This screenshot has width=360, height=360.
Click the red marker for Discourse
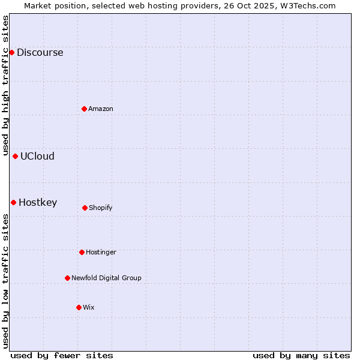pos(11,52)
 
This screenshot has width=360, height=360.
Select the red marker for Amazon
pos(84,109)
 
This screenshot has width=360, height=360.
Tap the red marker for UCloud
pos(15,156)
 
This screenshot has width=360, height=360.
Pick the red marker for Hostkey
pos(13,202)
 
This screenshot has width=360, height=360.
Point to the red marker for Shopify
pos(85,208)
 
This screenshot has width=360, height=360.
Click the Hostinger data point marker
pos(82,252)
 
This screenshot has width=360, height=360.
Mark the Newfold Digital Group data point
pos(67,278)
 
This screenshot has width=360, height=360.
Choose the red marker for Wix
pos(79,307)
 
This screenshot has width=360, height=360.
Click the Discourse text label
pos(40,52)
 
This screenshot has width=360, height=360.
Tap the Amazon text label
pos(101,109)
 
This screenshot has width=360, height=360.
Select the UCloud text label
pos(37,156)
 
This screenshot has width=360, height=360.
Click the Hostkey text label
pos(38,202)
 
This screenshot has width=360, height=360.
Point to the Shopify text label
pos(101,208)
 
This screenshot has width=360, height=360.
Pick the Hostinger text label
pos(101,252)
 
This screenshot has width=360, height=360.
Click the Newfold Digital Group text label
pos(106,278)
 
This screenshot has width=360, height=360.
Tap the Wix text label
pos(89,307)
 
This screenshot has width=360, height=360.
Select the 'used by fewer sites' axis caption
pos(62,355)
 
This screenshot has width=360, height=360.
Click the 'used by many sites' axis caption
pos(301,355)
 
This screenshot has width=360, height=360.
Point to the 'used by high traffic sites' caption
pos(5,86)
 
